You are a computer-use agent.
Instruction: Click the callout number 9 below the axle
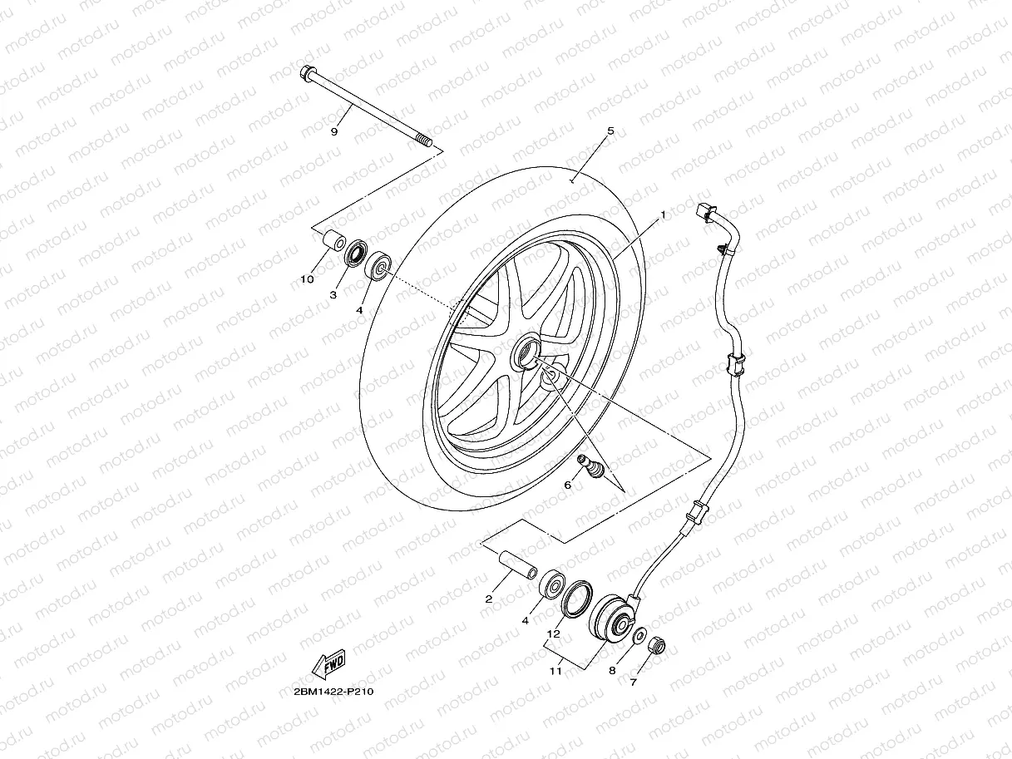coord(333,131)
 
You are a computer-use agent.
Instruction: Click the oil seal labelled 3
coord(358,253)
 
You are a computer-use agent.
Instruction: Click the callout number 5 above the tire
coord(610,131)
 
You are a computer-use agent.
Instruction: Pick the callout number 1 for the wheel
coord(663,214)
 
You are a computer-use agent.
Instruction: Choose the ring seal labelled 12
coord(575,601)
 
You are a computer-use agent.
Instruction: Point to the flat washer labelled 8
coord(639,636)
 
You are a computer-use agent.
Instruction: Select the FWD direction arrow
coord(328,664)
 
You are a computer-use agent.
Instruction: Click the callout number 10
coord(307,279)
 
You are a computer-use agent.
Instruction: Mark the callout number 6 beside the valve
coord(568,484)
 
